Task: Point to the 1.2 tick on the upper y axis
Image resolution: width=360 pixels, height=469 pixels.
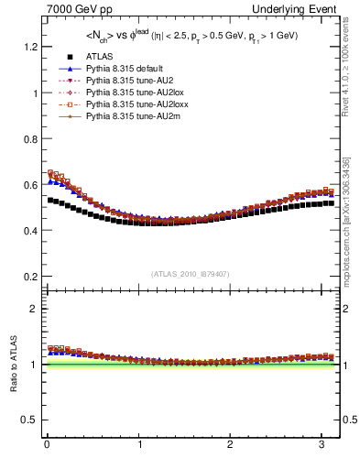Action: (x=30, y=47)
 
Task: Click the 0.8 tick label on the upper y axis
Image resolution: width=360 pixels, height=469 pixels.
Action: (x=30, y=138)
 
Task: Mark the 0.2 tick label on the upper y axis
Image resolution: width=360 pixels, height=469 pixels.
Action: (x=30, y=276)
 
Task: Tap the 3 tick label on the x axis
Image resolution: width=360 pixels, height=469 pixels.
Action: (x=322, y=444)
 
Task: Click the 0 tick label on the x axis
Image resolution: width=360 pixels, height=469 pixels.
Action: (x=47, y=444)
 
